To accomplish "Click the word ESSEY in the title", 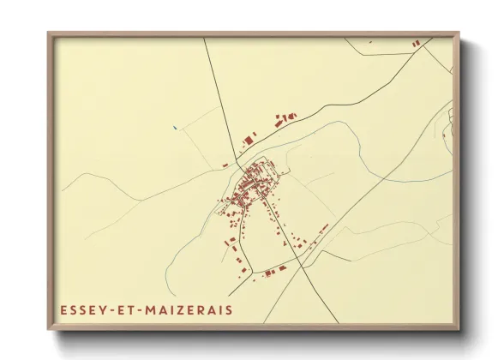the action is pos(81,309).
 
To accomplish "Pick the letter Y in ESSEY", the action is pos(102,309).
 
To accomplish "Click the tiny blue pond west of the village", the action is pos(175,129).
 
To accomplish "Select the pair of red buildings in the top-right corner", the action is pos(416,43).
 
